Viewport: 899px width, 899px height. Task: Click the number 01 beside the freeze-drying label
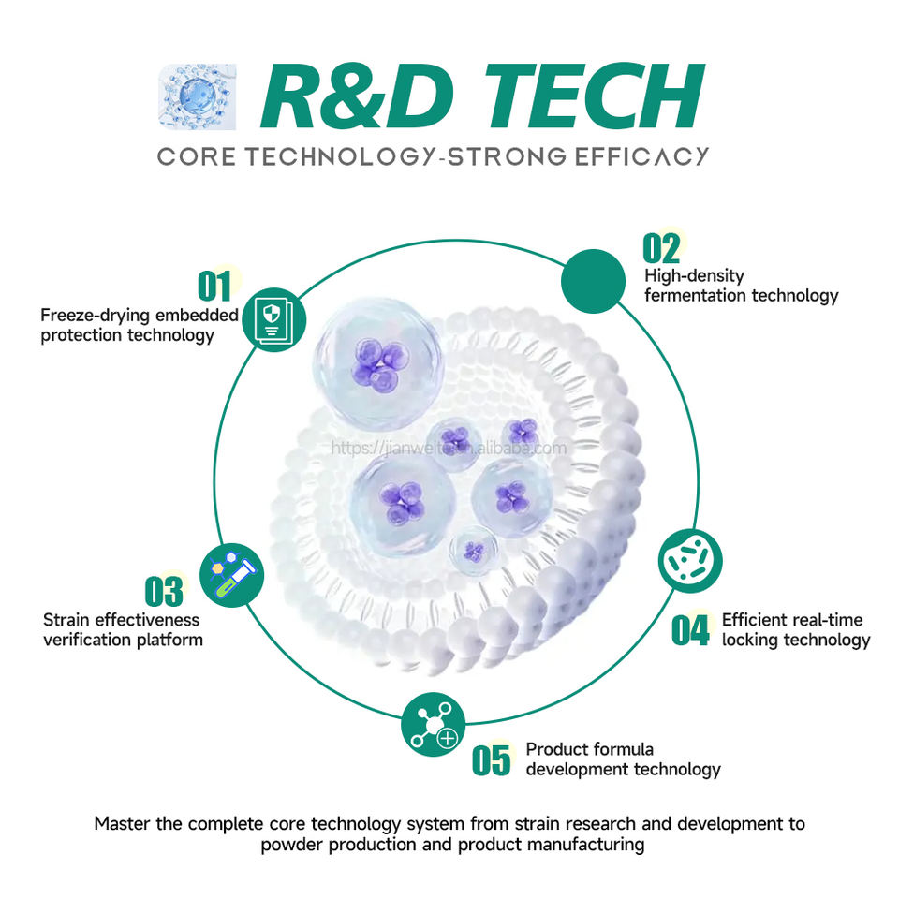click(214, 286)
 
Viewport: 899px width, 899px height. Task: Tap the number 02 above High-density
click(661, 248)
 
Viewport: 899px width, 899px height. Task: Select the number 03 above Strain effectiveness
click(164, 591)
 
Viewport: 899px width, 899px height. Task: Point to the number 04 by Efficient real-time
click(691, 630)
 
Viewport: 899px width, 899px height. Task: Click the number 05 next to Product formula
click(492, 759)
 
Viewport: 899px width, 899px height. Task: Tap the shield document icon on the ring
click(273, 319)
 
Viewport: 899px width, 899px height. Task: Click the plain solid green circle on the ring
click(593, 281)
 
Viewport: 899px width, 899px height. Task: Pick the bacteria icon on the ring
click(691, 561)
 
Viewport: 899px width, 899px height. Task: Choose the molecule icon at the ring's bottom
click(433, 724)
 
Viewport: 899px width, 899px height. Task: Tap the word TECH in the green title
click(585, 96)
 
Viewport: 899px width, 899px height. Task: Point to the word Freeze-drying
click(90, 316)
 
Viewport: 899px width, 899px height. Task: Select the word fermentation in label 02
click(692, 295)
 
